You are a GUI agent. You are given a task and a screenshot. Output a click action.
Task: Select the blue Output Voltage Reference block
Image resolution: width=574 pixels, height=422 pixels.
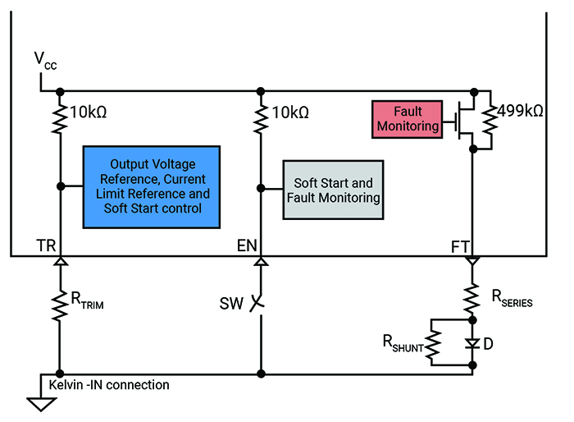click(153, 186)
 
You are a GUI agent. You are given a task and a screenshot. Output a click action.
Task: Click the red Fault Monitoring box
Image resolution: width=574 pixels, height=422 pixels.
click(408, 118)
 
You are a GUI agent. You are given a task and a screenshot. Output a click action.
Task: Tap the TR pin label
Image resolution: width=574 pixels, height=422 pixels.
click(46, 245)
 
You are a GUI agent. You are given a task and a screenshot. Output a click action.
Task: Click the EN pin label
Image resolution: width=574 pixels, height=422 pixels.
click(248, 245)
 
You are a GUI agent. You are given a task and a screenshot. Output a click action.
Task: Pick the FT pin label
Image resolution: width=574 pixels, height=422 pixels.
click(461, 245)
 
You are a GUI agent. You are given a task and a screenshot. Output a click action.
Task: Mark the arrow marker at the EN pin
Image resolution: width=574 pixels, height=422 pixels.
click(261, 262)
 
